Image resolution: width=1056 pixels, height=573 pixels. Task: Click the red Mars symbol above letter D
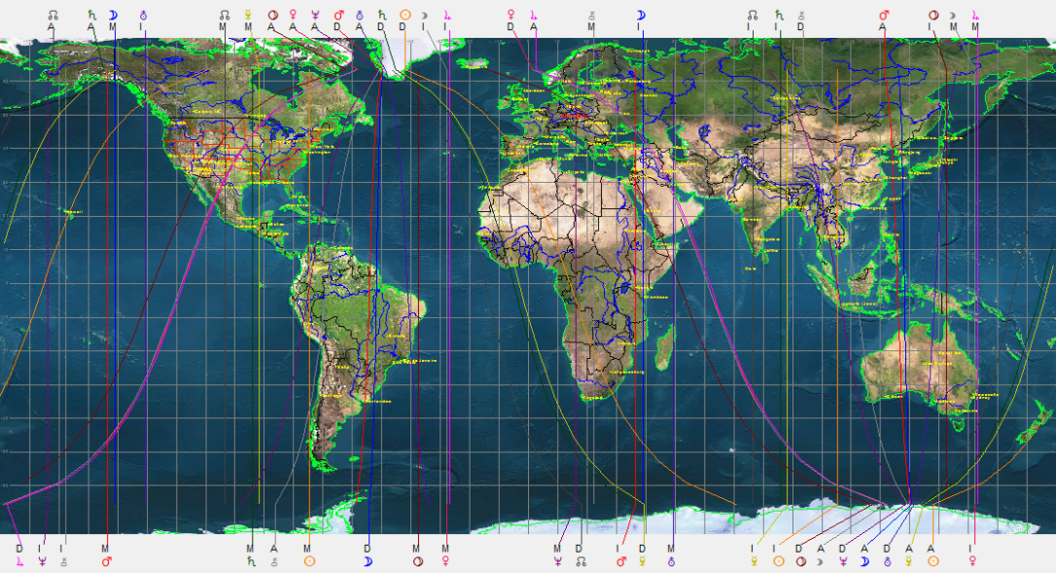338,15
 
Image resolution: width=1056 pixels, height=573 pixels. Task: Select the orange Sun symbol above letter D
405,15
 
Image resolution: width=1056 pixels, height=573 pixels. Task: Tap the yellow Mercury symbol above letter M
248,15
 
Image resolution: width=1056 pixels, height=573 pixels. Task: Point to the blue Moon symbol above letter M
113,15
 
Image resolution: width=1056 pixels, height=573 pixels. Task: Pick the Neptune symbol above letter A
315,15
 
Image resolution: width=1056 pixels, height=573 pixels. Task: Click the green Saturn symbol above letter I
779,15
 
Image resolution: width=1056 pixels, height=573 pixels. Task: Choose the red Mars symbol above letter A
884,15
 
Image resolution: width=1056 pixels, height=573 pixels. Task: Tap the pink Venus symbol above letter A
293,15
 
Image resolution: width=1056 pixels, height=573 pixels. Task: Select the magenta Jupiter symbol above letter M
975,15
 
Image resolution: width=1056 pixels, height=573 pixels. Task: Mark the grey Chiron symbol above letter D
800,15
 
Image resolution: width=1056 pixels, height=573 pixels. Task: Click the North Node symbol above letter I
752,15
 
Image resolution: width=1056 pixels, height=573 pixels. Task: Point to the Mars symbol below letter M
106,561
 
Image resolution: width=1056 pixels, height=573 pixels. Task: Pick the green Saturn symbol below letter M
251,561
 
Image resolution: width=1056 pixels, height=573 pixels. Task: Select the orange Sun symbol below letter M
308,561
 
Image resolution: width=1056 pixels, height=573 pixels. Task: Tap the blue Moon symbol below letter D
368,561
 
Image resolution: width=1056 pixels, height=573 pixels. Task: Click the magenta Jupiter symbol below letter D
19,561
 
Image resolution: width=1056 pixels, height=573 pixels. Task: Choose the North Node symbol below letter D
580,561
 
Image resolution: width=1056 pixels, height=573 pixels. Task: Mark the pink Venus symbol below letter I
972,561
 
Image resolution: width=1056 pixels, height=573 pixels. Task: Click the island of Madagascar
665,348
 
